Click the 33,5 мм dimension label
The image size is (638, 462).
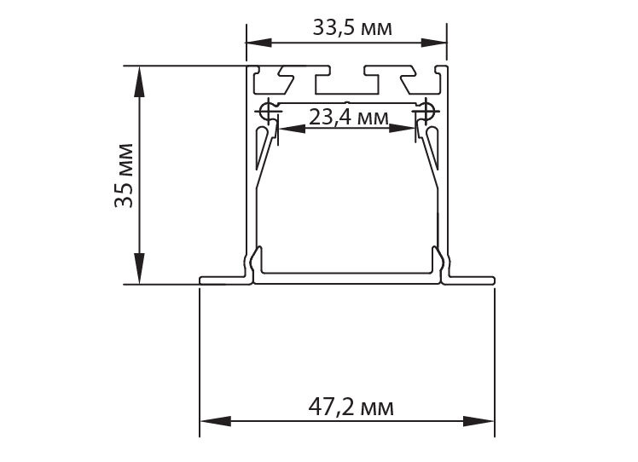coord(352,28)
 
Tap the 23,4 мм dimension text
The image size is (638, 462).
coord(348,118)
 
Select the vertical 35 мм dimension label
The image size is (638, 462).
coord(124,176)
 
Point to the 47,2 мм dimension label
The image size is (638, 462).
coord(351,407)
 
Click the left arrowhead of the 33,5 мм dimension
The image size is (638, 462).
coord(259,43)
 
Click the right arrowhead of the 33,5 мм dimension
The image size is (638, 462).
coord(434,43)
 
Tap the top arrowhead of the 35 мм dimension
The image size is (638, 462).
coord(139,81)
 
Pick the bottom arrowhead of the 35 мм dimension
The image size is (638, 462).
coord(139,268)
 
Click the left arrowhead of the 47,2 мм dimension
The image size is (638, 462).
coord(215,421)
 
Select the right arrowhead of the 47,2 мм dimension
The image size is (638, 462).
coord(478,421)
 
